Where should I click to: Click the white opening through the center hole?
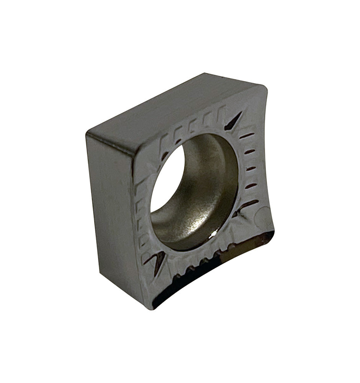163,180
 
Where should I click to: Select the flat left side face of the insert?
111,207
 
